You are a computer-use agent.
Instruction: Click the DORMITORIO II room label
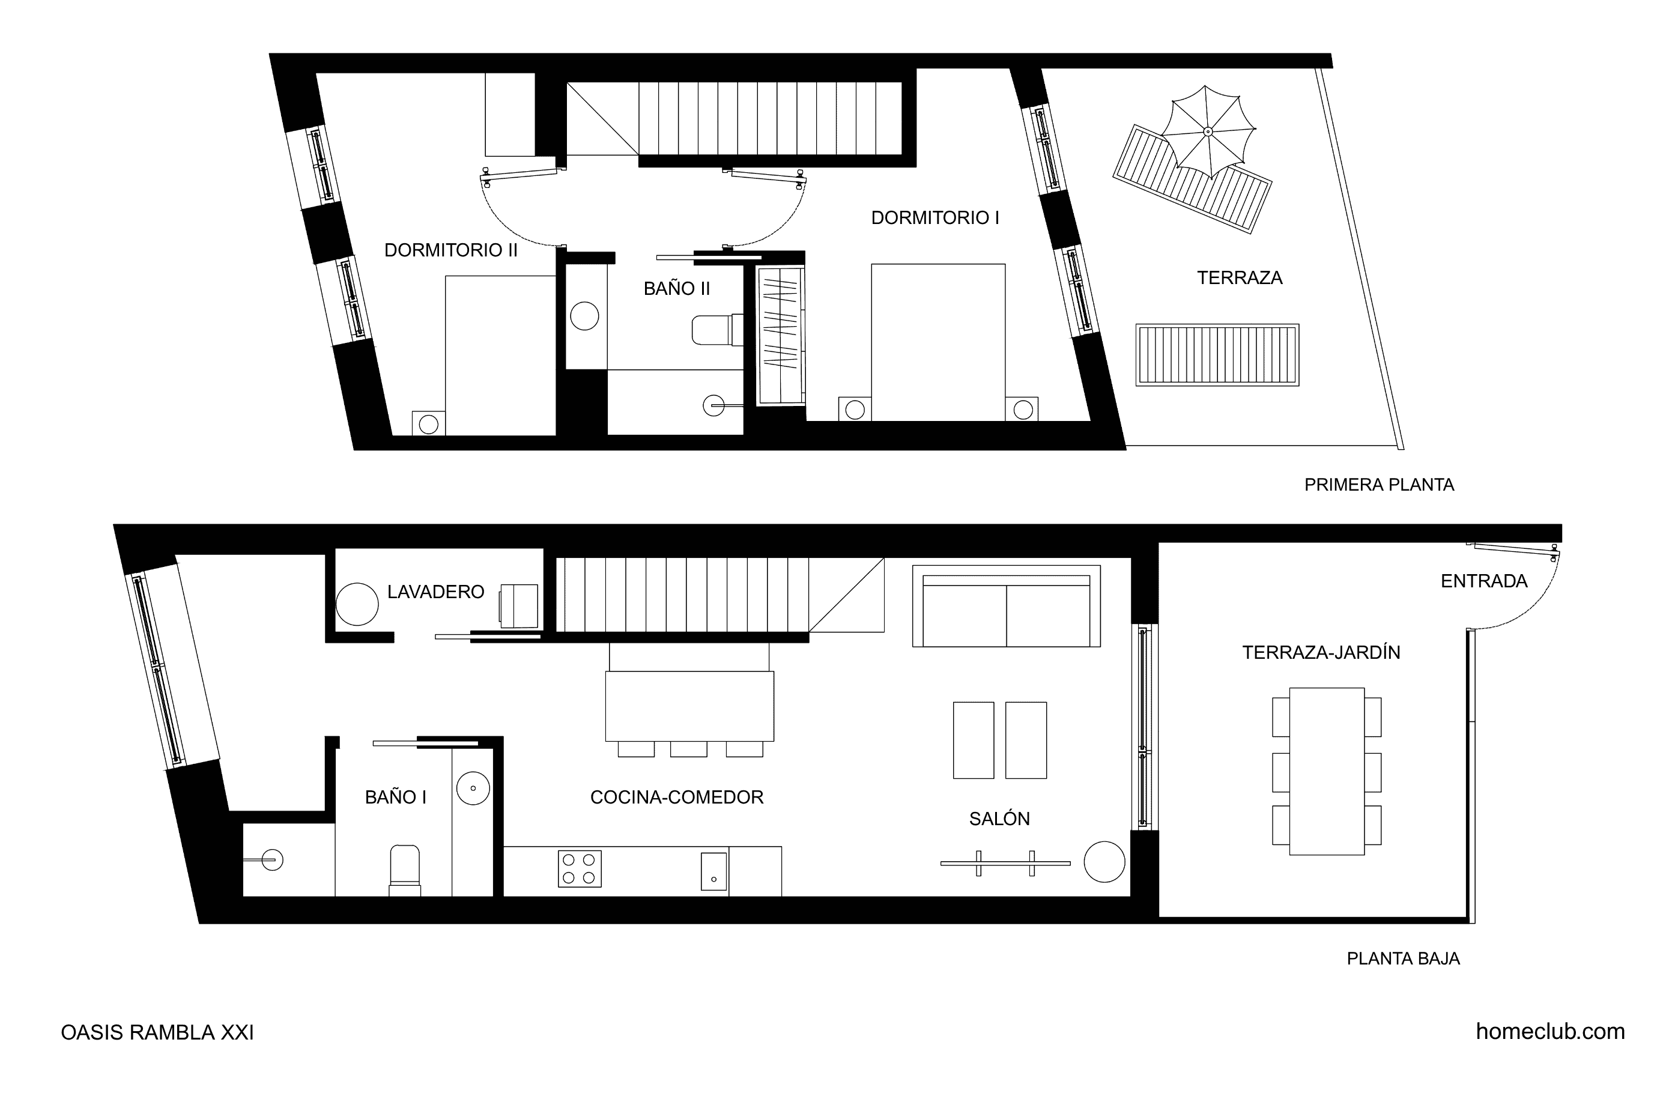450,250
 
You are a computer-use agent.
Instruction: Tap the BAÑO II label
677,288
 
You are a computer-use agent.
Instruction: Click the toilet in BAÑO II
718,330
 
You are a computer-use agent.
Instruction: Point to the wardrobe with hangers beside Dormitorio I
781,336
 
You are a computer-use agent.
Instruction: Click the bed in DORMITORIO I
937,342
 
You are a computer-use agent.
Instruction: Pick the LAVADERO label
436,592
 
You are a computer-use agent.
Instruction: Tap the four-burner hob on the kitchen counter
580,869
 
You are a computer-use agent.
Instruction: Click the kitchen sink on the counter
713,871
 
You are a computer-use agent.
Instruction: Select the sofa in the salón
1006,606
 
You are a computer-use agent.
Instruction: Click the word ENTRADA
1483,581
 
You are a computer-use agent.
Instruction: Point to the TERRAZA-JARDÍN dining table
1326,772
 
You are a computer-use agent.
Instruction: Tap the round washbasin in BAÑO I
473,788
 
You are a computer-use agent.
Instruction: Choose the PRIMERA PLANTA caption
1379,485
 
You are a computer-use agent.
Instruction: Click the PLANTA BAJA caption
1403,959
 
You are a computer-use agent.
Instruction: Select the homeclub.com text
1551,1032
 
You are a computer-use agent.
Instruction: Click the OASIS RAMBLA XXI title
157,1032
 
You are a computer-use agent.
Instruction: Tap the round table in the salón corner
1104,862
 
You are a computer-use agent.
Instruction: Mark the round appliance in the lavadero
357,604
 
